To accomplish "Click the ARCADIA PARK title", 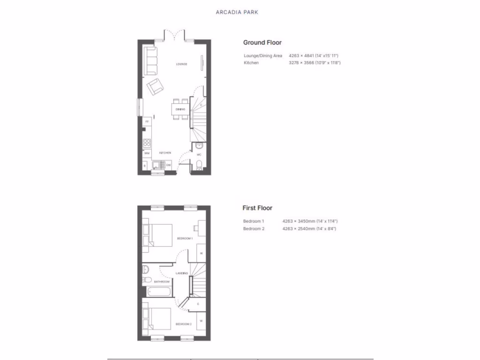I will pos(237,12).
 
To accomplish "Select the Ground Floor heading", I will pos(262,43).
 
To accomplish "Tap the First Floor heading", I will pos(257,208).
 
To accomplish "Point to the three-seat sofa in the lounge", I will pos(150,60).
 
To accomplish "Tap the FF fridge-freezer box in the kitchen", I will pos(147,121).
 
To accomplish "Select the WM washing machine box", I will pos(147,153).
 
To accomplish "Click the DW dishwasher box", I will pos(168,165).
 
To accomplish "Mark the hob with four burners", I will pos(147,143).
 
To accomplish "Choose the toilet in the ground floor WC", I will pos(199,164).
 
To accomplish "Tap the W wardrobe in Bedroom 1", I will pos(201,253).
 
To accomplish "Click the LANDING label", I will pos(181,273).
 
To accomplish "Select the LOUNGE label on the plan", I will pos(182,64).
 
